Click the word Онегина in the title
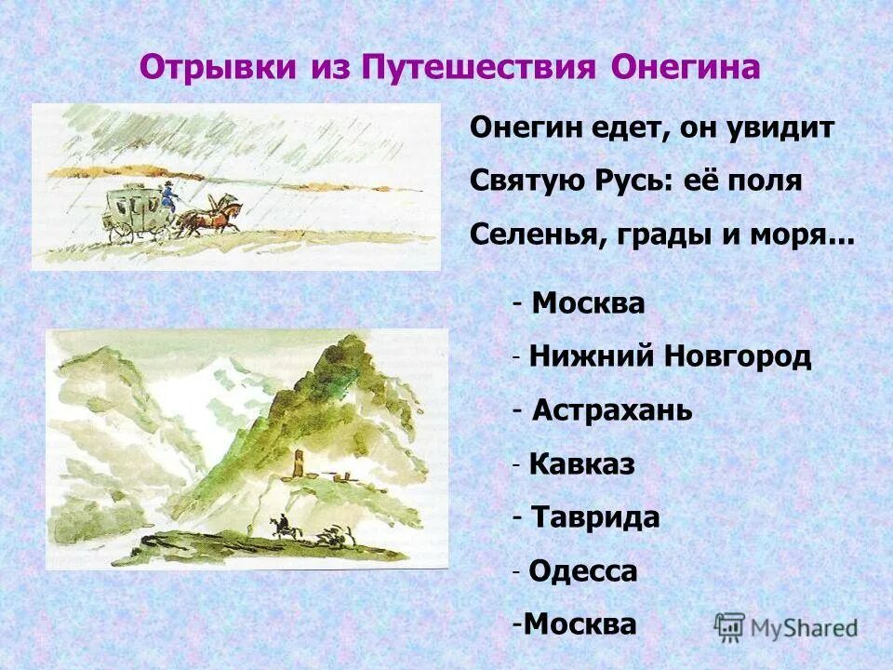click(x=686, y=68)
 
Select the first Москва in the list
click(x=589, y=304)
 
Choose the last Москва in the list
click(x=580, y=623)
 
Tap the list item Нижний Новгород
click(x=670, y=357)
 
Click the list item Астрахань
click(x=613, y=410)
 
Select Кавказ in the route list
click(x=581, y=464)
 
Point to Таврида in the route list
click(x=595, y=517)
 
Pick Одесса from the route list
click(x=583, y=570)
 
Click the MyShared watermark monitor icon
click(x=730, y=626)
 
